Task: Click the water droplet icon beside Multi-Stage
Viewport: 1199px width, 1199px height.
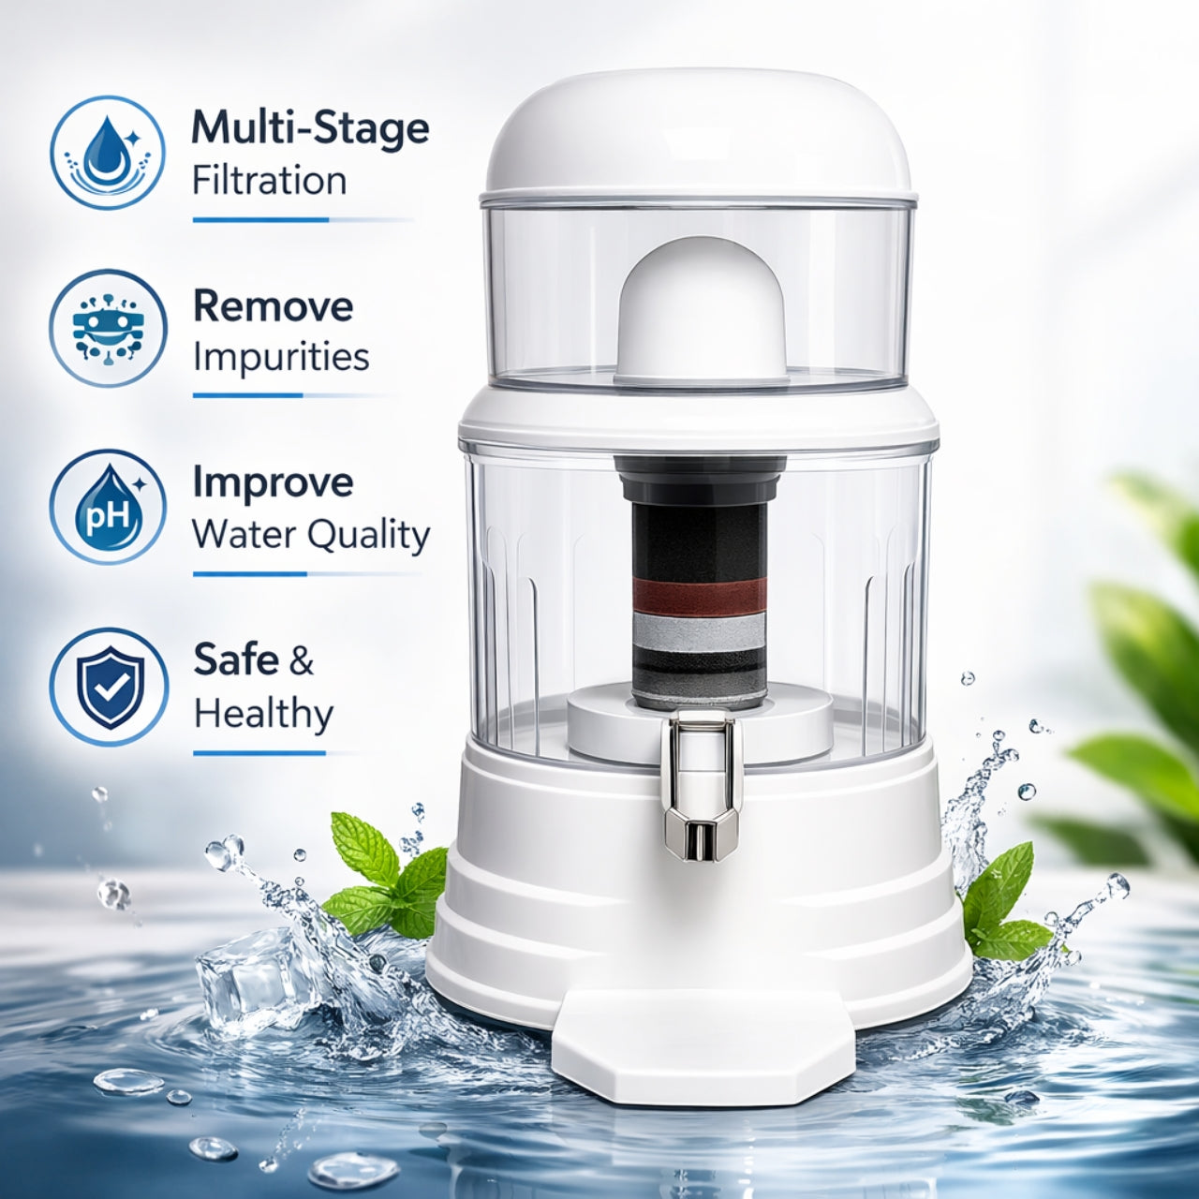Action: pos(108,152)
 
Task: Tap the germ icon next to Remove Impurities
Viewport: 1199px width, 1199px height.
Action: pos(108,328)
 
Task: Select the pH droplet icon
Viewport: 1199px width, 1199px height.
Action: pos(108,507)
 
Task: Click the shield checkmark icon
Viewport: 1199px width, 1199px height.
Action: pos(109,687)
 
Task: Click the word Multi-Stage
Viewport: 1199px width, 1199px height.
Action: pos(310,128)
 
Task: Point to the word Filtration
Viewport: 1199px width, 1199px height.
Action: pos(269,181)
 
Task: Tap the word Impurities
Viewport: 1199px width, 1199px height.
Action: pos(281,357)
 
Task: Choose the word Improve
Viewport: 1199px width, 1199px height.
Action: pos(274,482)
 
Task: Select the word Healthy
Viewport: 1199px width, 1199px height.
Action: pos(264,714)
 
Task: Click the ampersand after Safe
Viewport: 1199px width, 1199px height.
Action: pos(301,660)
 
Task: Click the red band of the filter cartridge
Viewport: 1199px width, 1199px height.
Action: pos(700,594)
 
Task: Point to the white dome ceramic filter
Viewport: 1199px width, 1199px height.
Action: pos(702,310)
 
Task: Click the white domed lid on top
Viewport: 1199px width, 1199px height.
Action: pos(698,134)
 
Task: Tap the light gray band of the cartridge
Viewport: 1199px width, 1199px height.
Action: pos(700,630)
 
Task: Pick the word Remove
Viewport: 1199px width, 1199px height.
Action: pos(274,306)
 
